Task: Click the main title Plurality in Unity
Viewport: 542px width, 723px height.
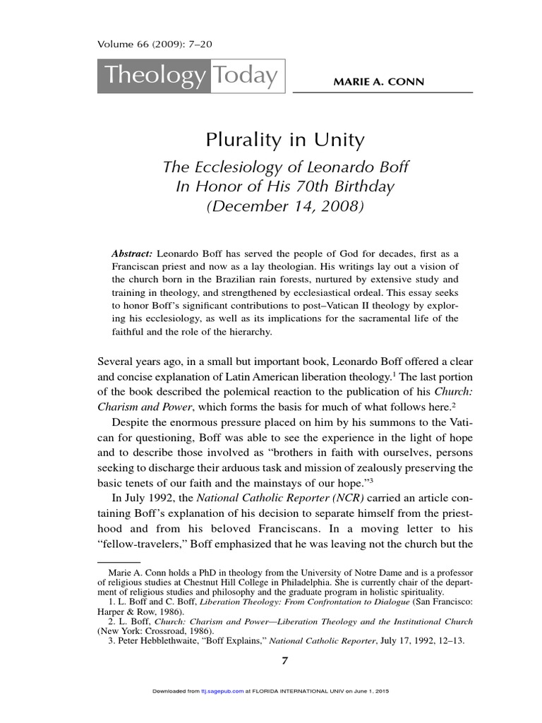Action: point(284,140)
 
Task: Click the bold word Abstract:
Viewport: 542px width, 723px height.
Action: point(132,253)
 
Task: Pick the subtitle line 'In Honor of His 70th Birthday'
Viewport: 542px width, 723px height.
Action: point(285,188)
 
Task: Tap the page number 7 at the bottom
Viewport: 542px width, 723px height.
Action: point(285,662)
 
